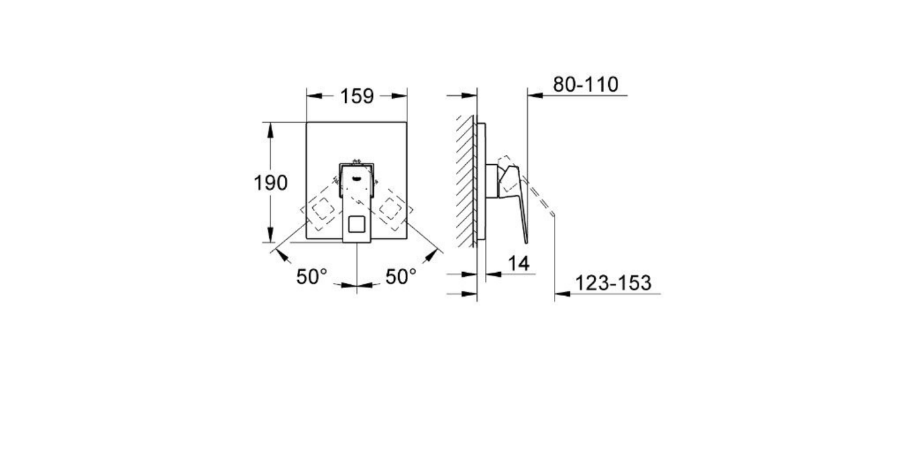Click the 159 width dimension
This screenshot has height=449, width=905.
(x=357, y=97)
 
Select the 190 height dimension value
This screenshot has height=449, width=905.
(x=271, y=183)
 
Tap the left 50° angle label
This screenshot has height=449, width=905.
(x=311, y=277)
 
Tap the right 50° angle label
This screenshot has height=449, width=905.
(x=401, y=277)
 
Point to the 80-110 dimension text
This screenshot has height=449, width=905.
(x=585, y=85)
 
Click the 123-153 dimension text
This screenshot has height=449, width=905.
(x=613, y=283)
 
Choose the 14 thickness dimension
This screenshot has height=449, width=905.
(x=519, y=264)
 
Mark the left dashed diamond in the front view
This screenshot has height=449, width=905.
(x=323, y=209)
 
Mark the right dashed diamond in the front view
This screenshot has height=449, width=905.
(x=392, y=209)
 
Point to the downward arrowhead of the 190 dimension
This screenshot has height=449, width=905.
(x=270, y=236)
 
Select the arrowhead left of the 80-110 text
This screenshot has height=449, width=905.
(x=534, y=95)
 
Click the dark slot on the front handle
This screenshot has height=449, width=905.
(x=357, y=177)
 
